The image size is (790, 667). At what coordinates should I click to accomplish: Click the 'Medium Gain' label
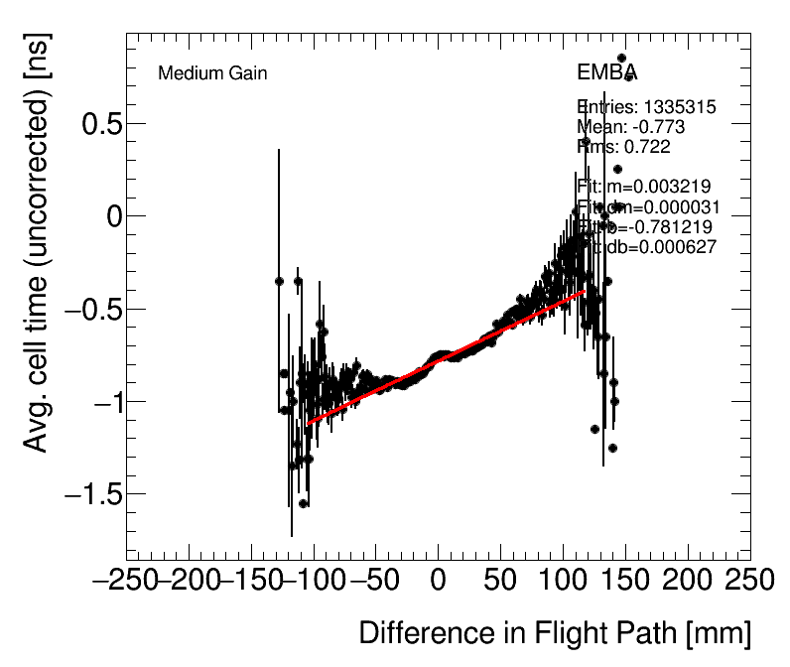[212, 73]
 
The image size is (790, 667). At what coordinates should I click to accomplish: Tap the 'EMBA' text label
[606, 73]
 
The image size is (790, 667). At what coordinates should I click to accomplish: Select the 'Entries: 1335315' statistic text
[646, 107]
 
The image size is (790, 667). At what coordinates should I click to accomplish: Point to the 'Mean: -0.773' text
[630, 127]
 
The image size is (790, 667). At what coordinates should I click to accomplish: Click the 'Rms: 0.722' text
[623, 147]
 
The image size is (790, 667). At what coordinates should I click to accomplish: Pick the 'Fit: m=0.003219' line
[643, 187]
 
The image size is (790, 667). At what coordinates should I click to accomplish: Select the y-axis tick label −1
[96, 402]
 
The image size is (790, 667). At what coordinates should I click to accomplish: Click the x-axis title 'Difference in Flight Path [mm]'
[554, 633]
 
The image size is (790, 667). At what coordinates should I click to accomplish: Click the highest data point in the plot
[621, 58]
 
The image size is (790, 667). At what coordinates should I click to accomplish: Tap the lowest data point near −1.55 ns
[303, 503]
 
